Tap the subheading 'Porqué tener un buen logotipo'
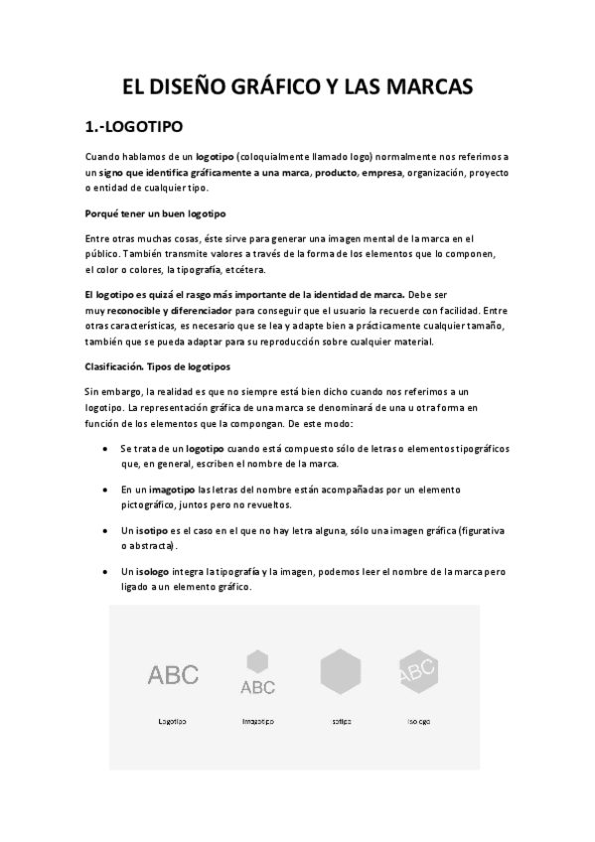(156, 214)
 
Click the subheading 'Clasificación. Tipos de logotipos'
(158, 366)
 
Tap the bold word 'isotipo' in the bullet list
(151, 531)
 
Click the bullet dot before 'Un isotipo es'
(106, 531)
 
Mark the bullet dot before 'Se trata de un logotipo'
(106, 450)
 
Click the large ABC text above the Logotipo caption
(173, 675)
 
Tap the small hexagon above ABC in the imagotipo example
(258, 659)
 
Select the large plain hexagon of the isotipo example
(341, 672)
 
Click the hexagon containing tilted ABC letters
(418, 671)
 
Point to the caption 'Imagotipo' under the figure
(258, 721)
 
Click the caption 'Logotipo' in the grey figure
(173, 721)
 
